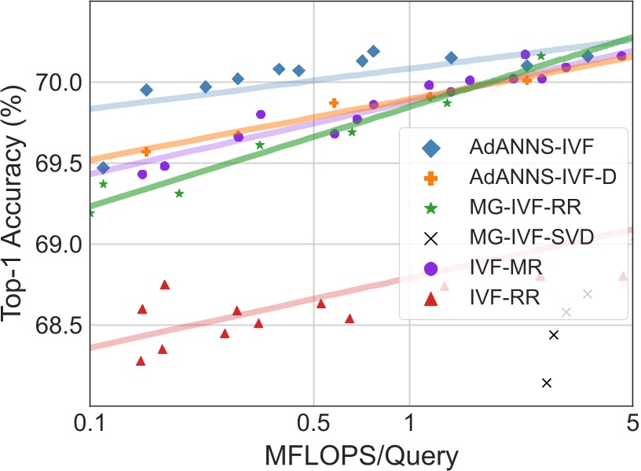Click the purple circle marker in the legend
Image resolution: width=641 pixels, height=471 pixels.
pyautogui.click(x=430, y=268)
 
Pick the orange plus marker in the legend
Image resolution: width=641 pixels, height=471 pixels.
pyautogui.click(x=430, y=177)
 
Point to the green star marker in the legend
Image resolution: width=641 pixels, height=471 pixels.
pyautogui.click(x=430, y=208)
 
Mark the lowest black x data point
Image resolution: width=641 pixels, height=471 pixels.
pyautogui.click(x=547, y=383)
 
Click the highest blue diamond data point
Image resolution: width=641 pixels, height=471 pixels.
pyautogui.click(x=374, y=51)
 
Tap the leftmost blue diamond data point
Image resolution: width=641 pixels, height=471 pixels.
pyautogui.click(x=103, y=167)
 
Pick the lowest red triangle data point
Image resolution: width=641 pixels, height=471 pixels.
pyautogui.click(x=141, y=361)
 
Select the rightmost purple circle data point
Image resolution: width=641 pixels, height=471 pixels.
pyautogui.click(x=621, y=56)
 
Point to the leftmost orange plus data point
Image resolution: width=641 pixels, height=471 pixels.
pyautogui.click(x=146, y=151)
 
